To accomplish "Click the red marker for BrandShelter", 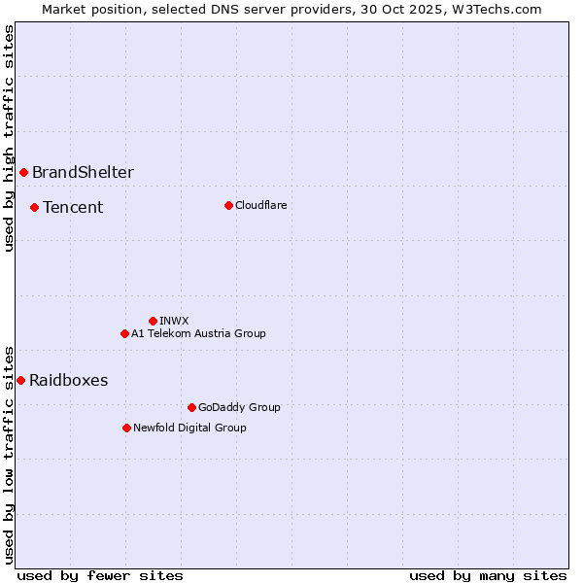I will tap(23, 173).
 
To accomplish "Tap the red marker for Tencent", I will tap(34, 207).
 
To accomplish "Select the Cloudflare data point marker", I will tap(228, 205).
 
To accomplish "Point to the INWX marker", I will tap(153, 321).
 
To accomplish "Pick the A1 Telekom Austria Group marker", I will tap(124, 333).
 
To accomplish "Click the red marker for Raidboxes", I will tap(20, 380).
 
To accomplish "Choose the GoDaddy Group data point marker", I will tap(191, 407).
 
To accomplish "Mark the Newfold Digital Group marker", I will tap(126, 428).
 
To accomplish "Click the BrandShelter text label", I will tap(83, 173).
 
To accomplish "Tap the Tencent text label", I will tap(73, 207).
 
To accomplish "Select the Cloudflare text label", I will tap(260, 205).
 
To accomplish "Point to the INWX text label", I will tap(174, 321).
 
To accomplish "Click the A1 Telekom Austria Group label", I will tap(198, 333).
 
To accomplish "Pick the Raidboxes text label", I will tap(68, 380).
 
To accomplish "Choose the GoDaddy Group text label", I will tap(239, 407).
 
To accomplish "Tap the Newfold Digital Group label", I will tap(189, 428).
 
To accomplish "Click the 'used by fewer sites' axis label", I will tap(100, 575).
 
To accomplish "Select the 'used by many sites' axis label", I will tap(488, 575).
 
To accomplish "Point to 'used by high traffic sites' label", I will tap(9, 138).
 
